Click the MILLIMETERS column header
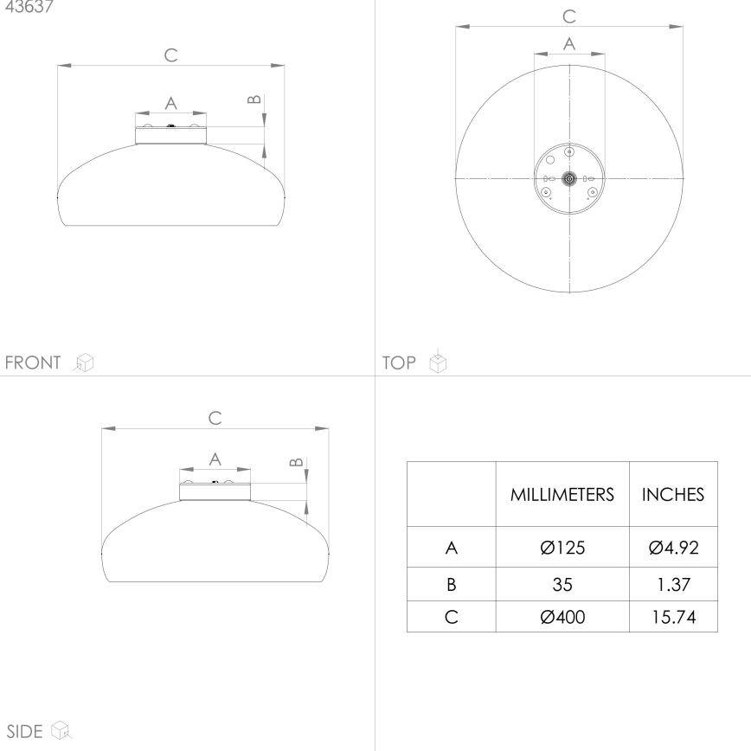tap(562, 494)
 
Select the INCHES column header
tap(673, 494)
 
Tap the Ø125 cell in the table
tap(562, 548)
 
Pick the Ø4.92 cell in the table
tap(673, 548)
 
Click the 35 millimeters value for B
tap(562, 584)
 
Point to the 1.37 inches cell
tap(673, 584)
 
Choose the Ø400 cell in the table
tap(562, 617)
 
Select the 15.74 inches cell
tap(673, 617)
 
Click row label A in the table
tap(451, 548)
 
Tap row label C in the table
tap(451, 617)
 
